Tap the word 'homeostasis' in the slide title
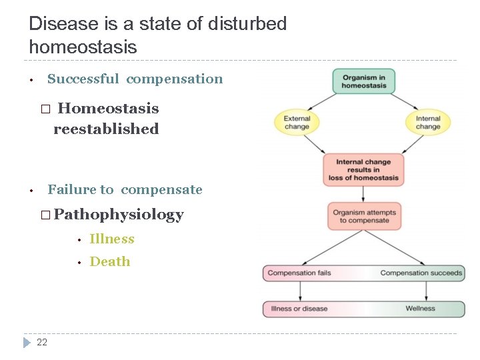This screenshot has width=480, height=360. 83,47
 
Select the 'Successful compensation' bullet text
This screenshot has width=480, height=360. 135,79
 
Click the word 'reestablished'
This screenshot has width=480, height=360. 106,129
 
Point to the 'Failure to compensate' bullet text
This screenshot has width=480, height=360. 125,189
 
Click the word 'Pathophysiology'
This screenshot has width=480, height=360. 119,214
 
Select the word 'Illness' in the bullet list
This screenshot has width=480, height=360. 112,239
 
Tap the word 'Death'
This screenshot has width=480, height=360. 110,261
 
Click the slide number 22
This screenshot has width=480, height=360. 42,342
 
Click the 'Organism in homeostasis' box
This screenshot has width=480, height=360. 364,81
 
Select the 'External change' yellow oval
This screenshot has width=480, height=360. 297,123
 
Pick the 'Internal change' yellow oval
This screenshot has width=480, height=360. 428,123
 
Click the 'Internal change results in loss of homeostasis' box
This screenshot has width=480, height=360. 363,169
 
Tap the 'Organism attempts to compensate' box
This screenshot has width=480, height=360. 364,217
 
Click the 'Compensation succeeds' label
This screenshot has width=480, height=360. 421,273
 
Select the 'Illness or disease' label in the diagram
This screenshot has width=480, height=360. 299,309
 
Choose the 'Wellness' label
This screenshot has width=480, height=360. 420,309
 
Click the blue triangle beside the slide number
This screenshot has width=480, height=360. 27,342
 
